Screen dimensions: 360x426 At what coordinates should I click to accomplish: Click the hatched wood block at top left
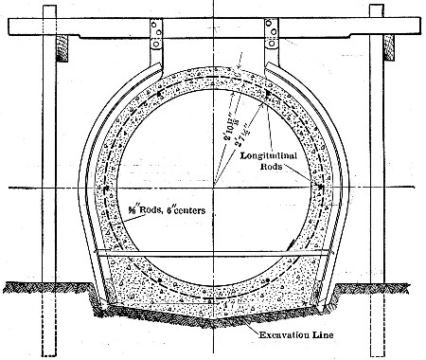tap(63, 46)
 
